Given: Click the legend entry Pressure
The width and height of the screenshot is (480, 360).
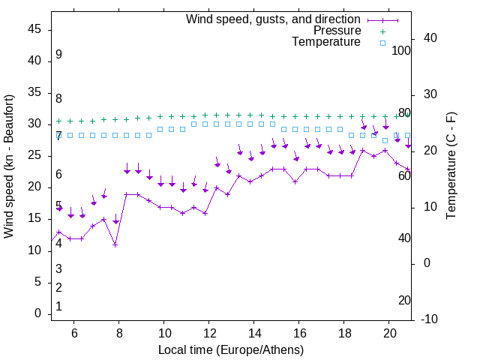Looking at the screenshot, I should click(337, 31).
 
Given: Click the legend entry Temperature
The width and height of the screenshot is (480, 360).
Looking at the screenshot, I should click(326, 42).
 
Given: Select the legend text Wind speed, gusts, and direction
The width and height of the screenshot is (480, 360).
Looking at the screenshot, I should click(273, 19).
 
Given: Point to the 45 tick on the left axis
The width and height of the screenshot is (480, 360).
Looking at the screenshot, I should click(33, 29).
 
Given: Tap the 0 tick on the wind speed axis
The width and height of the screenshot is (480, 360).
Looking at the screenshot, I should click(37, 313).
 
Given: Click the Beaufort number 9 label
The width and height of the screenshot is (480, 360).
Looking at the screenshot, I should click(58, 55).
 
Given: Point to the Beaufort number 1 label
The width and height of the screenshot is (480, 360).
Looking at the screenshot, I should click(58, 307).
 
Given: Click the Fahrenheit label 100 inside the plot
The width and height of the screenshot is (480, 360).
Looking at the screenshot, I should click(401, 50).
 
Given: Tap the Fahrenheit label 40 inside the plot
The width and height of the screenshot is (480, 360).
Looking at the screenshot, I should click(404, 238).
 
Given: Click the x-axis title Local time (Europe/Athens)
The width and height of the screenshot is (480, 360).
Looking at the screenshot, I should click(231, 350).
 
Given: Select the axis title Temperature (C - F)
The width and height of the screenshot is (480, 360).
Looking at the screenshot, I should click(451, 166).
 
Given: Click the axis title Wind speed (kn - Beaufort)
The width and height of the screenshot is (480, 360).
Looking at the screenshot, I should click(10, 166).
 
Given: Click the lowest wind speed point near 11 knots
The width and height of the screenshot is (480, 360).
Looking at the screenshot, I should click(115, 244).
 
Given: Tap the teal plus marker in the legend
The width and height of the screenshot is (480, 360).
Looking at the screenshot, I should click(382, 31).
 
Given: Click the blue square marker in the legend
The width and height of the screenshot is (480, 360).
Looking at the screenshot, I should click(382, 43).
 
